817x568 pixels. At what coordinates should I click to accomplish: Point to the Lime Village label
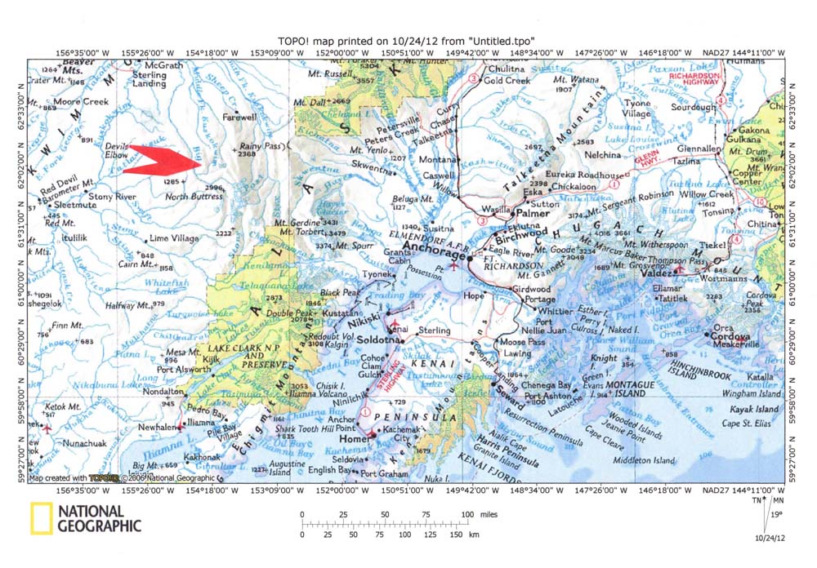(174, 238)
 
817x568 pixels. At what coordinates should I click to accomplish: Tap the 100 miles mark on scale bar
(467, 514)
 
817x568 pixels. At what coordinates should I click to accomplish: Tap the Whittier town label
(554, 310)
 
